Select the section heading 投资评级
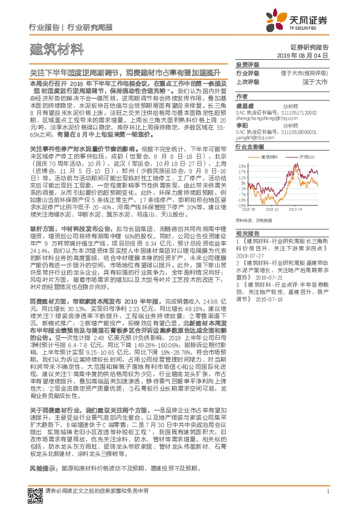click(x=246, y=64)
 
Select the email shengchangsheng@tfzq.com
click(x=266, y=118)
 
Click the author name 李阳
click(x=242, y=125)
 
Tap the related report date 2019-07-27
click(x=251, y=256)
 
